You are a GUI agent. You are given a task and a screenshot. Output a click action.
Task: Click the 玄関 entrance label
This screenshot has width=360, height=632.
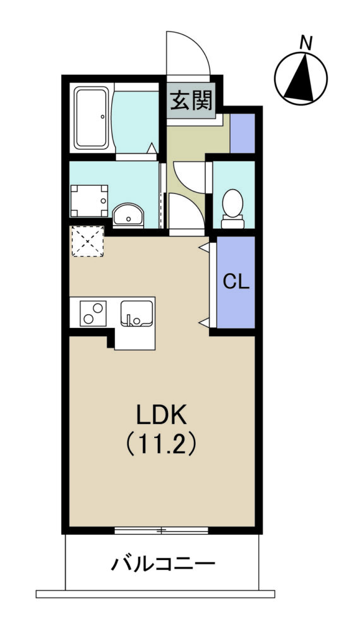click(x=191, y=100)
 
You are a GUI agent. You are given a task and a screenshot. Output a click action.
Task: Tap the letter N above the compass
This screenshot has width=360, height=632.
click(x=306, y=43)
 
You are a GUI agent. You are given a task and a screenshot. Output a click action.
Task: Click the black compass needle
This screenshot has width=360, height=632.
click(x=300, y=78)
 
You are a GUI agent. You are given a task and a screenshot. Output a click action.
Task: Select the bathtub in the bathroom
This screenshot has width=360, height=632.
click(x=92, y=118)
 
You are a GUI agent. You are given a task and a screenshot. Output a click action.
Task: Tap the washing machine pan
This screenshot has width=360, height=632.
click(x=90, y=201)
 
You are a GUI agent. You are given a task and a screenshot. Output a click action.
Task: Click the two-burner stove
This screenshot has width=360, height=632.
click(x=93, y=313)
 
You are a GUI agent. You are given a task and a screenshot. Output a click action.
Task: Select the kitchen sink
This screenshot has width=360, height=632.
click(x=137, y=313)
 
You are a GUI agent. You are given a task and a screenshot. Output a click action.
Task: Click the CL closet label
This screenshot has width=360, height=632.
click(x=236, y=282)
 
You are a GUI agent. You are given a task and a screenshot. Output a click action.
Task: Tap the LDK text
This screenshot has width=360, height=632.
click(x=162, y=415)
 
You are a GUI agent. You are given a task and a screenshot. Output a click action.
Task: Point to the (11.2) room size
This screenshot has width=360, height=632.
click(x=162, y=444)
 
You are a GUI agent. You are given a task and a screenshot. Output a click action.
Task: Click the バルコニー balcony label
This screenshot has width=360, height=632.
click(x=163, y=564)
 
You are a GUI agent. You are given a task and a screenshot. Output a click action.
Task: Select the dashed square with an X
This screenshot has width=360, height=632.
click(x=88, y=241)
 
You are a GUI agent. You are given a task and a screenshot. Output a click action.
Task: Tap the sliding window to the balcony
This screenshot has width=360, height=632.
click(x=162, y=530)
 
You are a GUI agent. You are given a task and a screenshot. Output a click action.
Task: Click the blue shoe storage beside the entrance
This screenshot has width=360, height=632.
click(x=243, y=133)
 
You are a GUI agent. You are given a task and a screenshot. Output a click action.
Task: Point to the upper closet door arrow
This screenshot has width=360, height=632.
click(x=204, y=248)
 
